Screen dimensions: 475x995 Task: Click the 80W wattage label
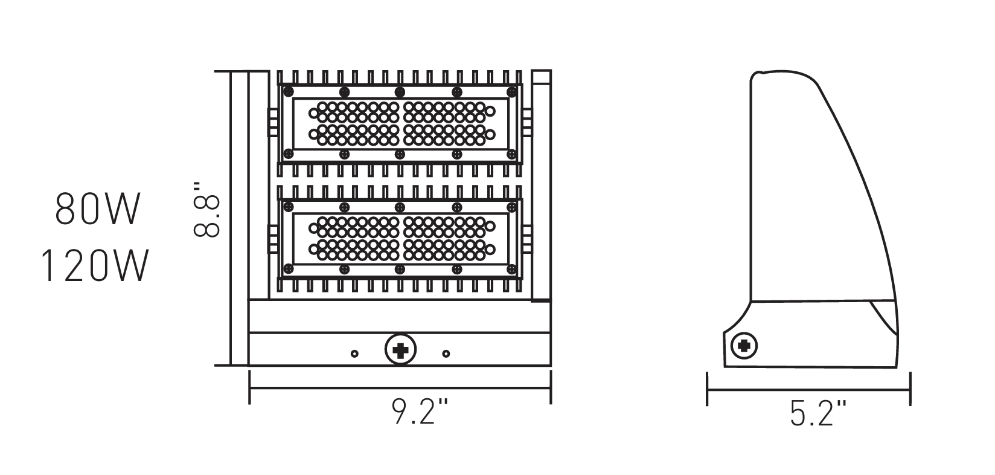pos(98,209)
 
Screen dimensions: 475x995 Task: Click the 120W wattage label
pos(95,267)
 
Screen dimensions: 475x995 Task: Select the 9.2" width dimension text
pos(421,411)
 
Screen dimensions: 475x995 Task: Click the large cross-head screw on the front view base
pos(400,349)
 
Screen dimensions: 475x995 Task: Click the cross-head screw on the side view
pos(744,346)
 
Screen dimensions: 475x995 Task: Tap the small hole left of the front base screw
pos(354,354)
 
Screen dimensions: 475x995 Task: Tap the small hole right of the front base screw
pos(446,354)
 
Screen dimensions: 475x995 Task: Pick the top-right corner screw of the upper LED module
pos(512,92)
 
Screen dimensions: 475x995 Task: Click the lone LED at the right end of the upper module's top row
pos(490,111)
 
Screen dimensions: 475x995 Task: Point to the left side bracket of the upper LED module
pos(272,123)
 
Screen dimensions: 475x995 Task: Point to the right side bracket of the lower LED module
pos(527,239)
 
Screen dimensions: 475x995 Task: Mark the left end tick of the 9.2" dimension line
pos(249,387)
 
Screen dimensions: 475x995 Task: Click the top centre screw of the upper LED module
pos(400,92)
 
